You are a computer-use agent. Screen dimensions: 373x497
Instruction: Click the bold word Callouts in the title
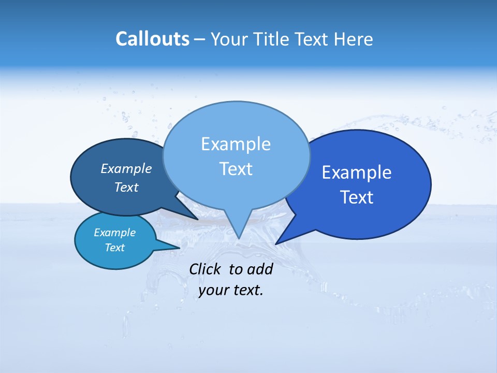152,39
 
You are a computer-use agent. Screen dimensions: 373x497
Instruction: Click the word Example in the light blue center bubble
236,144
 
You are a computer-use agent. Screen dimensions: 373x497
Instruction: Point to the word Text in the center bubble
236,169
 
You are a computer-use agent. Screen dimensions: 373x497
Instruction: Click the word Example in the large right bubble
357,173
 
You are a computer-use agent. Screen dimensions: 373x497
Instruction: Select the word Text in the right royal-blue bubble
357,197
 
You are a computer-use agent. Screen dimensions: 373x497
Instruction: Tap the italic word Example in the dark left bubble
126,168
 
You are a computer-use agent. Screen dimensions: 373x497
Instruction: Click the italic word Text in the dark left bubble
126,188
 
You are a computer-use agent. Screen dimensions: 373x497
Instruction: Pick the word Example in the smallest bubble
114,233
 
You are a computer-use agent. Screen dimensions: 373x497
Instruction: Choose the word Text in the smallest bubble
114,248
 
